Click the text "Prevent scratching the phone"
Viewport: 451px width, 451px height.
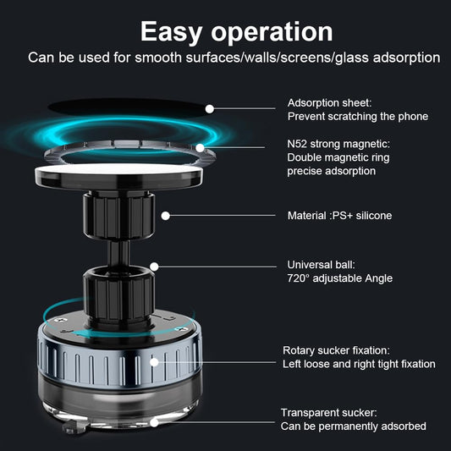pos(358,117)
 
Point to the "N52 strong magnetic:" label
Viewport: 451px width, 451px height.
pos(338,144)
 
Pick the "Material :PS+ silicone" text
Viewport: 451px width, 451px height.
pos(339,216)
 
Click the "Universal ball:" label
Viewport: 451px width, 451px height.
pos(322,265)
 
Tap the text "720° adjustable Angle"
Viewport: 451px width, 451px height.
pos(340,278)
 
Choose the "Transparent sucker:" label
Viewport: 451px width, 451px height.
pos(329,413)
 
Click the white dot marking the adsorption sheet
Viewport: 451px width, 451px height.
pos(209,108)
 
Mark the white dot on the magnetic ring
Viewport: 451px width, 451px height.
pos(201,147)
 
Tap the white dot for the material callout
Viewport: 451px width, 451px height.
pos(166,216)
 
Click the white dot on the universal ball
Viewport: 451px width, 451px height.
pos(155,265)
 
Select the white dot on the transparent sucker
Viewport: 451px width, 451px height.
pos(154,421)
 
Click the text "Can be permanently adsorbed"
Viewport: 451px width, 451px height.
pos(354,426)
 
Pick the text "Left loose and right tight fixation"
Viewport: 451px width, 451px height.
pos(359,364)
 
